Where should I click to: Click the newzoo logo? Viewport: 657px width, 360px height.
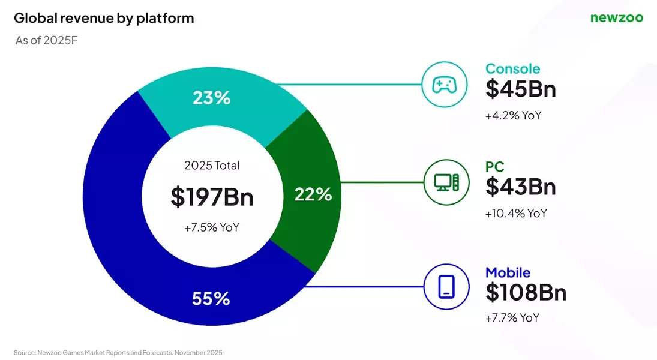coord(616,18)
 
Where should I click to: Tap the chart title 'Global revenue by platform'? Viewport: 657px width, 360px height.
coord(104,18)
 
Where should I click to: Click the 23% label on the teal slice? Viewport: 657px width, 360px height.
coord(211,98)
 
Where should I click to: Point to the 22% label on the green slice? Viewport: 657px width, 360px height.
coord(313,194)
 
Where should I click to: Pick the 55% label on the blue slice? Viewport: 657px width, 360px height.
coord(211,298)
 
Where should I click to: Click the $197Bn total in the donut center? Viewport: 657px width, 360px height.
coord(212,197)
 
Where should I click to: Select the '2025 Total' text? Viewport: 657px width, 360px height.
coord(212,166)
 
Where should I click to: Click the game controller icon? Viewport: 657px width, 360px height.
coord(445,85)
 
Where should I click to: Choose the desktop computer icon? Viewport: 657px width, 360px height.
coord(445,181)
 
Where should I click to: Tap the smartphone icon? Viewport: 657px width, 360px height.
coord(445,287)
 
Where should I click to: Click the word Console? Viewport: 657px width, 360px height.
coord(512,68)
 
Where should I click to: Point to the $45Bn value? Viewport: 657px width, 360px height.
coord(520,89)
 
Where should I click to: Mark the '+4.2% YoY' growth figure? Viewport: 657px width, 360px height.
coord(513,115)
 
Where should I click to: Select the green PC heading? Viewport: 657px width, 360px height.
coord(494,167)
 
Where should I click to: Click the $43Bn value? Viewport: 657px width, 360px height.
coord(520,187)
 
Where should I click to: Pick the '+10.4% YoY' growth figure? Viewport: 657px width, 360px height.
coord(516,213)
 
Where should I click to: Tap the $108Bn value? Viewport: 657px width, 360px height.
coord(526,292)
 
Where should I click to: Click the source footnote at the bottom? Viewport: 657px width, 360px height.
coord(118,352)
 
